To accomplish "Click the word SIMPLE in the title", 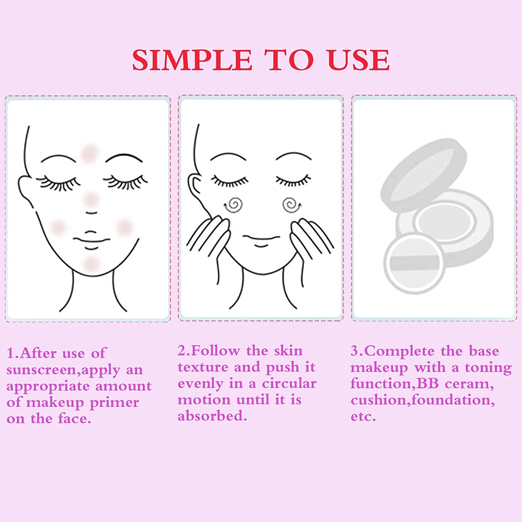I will coord(192,60).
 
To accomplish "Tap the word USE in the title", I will coord(358,60).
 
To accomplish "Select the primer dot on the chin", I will coord(91,263).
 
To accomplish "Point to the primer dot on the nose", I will coord(91,199).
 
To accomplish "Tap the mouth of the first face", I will coord(91,240).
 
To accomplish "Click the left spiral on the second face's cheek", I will coord(234,205).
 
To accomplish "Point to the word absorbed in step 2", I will coord(212,416).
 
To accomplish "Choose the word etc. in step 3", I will coord(363,417).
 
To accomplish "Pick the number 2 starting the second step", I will coord(182,351).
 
